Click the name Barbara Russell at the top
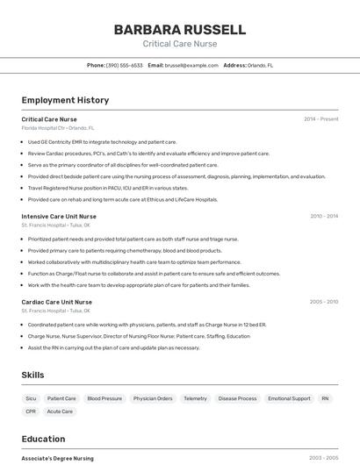[x=179, y=30]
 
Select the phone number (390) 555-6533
[x=124, y=65]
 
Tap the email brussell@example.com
[x=191, y=65]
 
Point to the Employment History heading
[x=65, y=100]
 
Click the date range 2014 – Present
[x=320, y=119]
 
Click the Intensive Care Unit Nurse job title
[x=59, y=216]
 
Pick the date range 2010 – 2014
[x=323, y=216]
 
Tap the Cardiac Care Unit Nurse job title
[x=56, y=302]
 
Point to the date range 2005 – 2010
[x=323, y=302]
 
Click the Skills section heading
[x=32, y=375]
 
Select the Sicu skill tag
[x=31, y=398]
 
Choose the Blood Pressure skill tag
[x=104, y=398]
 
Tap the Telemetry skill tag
[x=195, y=398]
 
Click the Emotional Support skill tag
[x=289, y=398]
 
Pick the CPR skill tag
[x=31, y=411]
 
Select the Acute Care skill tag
[x=60, y=411]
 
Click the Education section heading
[x=43, y=439]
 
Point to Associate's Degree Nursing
[x=57, y=458]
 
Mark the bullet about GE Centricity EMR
[x=102, y=141]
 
